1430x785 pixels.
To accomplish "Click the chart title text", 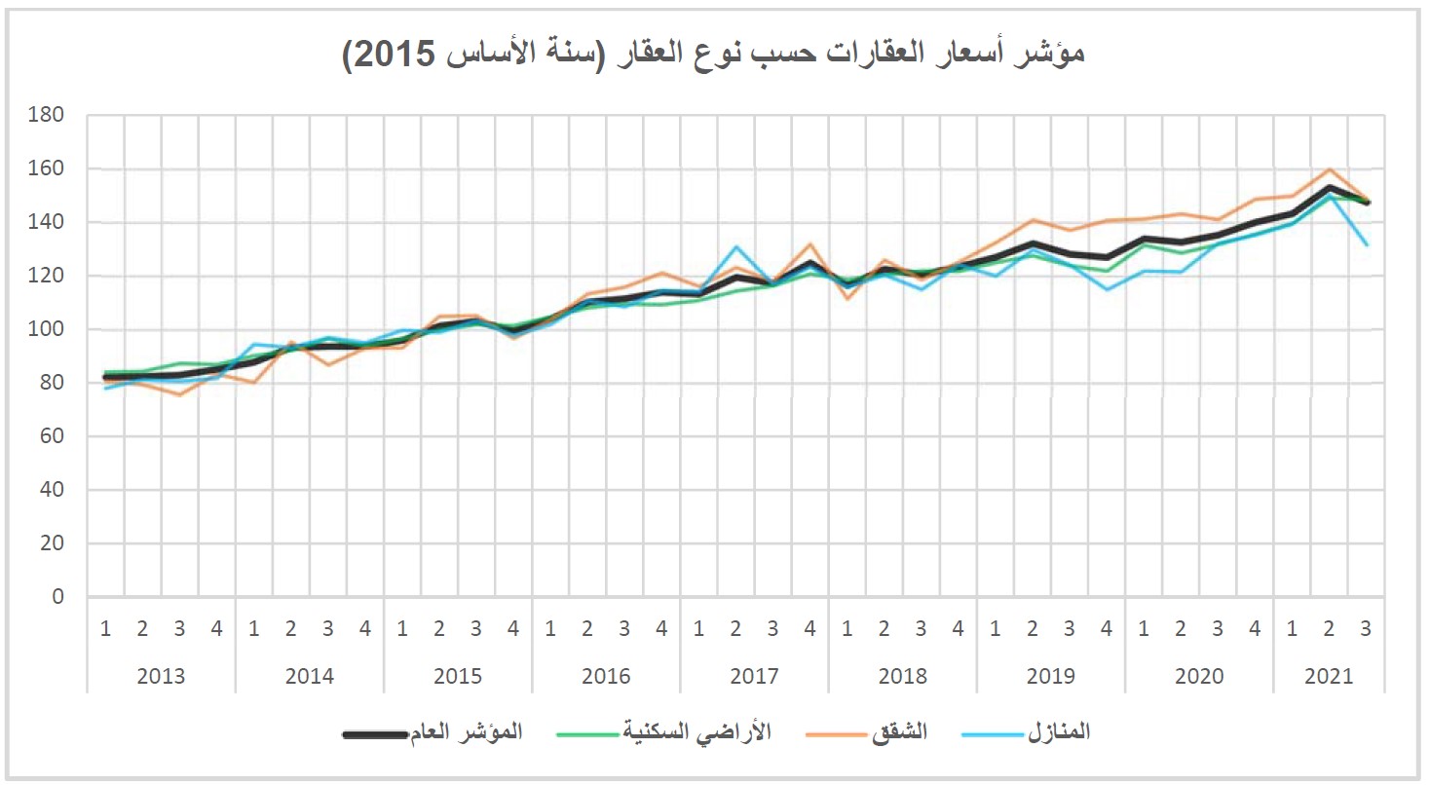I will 714,53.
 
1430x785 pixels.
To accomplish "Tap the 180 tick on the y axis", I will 47,115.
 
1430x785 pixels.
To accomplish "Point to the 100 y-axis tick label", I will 47,329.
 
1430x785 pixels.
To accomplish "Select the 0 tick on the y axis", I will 57,597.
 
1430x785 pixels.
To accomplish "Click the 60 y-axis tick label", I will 51,436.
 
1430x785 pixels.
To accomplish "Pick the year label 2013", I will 161,676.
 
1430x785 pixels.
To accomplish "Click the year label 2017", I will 754,676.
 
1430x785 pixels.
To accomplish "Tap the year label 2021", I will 1329,676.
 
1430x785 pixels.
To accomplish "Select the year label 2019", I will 1051,676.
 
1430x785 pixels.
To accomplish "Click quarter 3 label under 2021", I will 1366,629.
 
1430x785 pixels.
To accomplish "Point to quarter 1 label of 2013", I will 105,629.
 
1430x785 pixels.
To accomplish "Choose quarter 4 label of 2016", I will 661,629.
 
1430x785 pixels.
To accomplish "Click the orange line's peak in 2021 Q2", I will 1329,169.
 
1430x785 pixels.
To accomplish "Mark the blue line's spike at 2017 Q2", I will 736,247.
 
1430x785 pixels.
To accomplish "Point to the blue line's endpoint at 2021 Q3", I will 1367,244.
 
